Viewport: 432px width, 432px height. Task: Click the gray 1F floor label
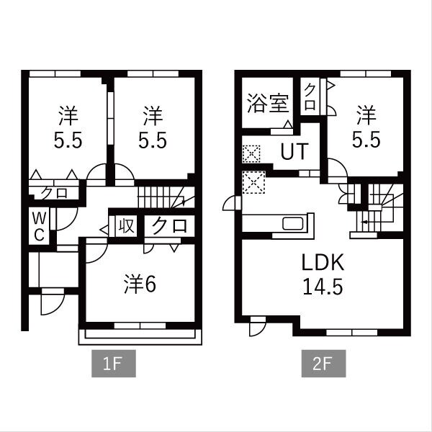click(x=114, y=364)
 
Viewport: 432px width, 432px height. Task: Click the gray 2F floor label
click(x=323, y=364)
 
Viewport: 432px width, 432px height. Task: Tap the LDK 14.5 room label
click(x=323, y=274)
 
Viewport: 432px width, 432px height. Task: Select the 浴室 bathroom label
click(x=268, y=104)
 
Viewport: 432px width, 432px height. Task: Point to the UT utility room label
click(x=294, y=151)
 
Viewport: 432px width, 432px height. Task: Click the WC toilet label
click(x=39, y=228)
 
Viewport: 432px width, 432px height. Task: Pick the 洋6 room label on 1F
click(x=140, y=284)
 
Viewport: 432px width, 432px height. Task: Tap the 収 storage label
click(x=127, y=226)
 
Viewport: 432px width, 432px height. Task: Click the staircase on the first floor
click(x=166, y=197)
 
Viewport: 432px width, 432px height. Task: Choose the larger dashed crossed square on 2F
click(x=253, y=182)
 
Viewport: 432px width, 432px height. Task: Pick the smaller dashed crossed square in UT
click(x=251, y=154)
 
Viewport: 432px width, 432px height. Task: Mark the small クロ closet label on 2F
click(x=310, y=97)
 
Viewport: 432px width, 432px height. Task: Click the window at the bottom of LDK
click(x=352, y=332)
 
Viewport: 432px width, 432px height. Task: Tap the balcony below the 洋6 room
click(x=140, y=337)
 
